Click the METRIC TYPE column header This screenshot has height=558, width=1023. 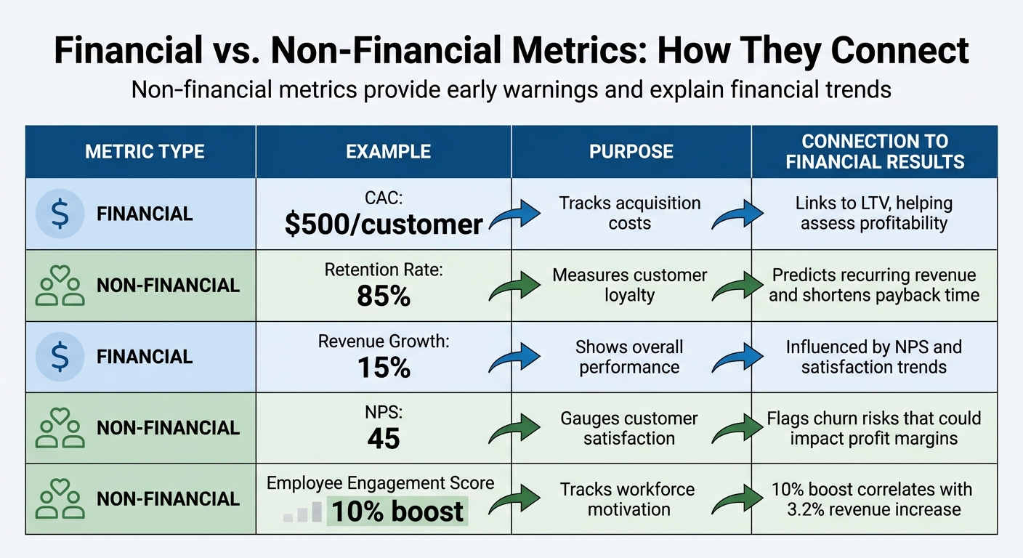point(145,152)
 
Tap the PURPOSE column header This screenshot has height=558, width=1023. point(631,152)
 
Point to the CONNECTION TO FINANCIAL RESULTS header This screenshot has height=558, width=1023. point(875,152)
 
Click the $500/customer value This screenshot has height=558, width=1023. point(384,225)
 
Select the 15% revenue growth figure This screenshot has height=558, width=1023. point(384,368)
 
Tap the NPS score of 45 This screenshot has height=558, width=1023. point(384,438)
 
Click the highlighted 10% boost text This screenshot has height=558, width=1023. point(397,511)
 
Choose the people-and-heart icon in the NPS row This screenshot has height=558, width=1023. point(60,427)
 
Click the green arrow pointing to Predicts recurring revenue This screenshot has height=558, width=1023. point(737,286)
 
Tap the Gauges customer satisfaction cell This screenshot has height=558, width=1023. point(629,429)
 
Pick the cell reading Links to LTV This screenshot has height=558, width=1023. point(874,214)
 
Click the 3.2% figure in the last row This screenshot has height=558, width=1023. point(811,509)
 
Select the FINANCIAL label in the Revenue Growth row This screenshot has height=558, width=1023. point(145,357)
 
